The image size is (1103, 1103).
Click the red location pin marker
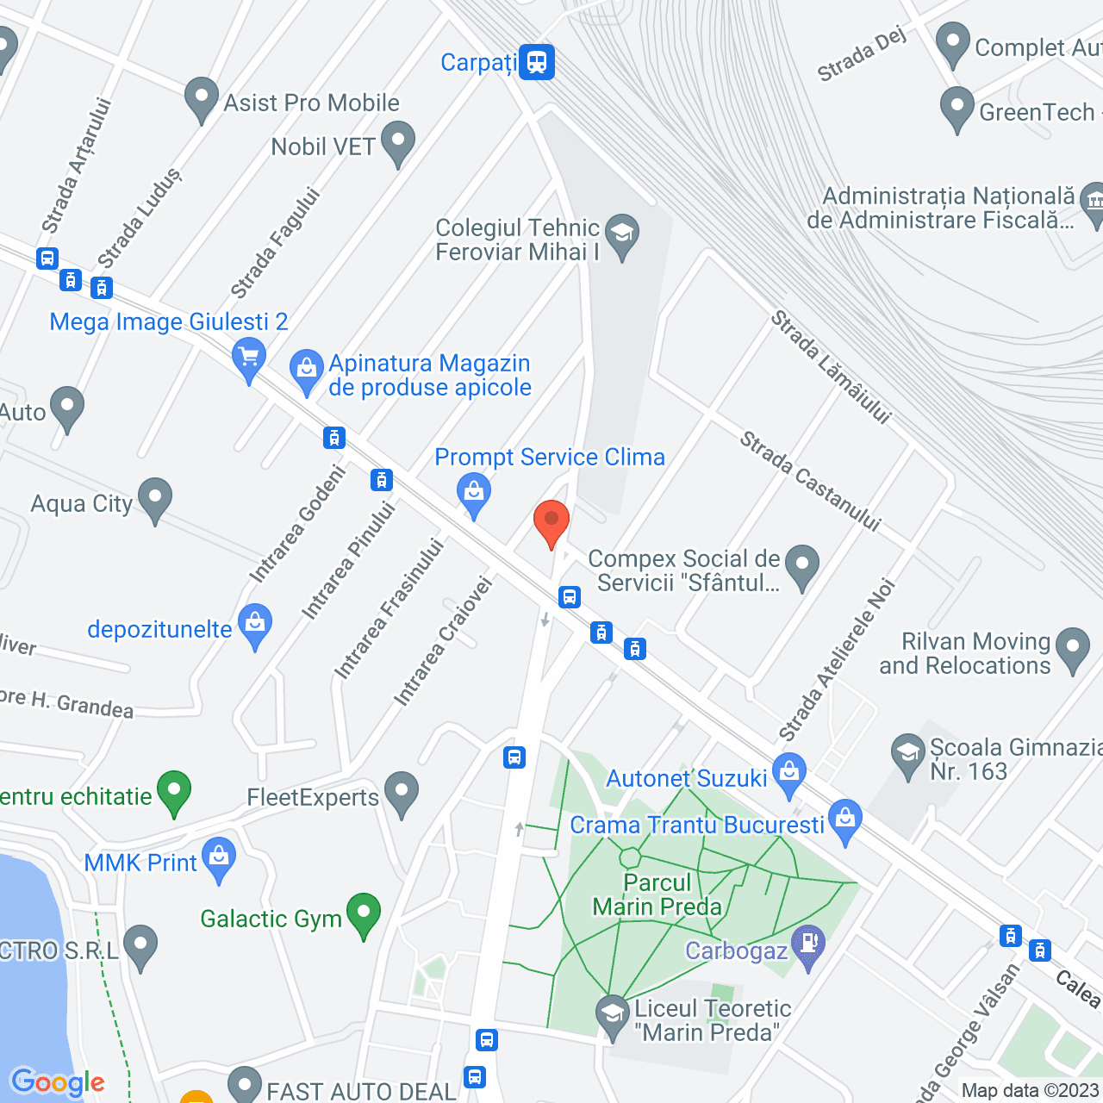pyautogui.click(x=551, y=521)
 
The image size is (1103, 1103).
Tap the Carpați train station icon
pyautogui.click(x=537, y=62)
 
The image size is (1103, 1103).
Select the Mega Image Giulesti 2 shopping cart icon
pyautogui.click(x=249, y=357)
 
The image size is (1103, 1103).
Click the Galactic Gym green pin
pyautogui.click(x=364, y=913)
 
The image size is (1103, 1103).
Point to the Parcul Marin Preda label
pyautogui.click(x=657, y=894)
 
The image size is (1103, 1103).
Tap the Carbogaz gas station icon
pyautogui.click(x=808, y=944)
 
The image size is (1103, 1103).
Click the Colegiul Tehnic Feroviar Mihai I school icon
pyautogui.click(x=621, y=235)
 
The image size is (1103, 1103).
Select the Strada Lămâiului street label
pyautogui.click(x=830, y=368)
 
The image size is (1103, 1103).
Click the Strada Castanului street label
pyautogui.click(x=810, y=481)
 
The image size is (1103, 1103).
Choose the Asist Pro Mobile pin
pyautogui.click(x=202, y=98)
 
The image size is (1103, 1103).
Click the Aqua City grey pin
pyautogui.click(x=155, y=499)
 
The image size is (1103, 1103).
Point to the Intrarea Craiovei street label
pyautogui.click(x=443, y=642)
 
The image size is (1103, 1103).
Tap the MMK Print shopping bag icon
pyautogui.click(x=219, y=858)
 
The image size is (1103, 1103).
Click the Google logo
pyautogui.click(x=57, y=1082)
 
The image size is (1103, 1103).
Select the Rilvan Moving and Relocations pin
pyautogui.click(x=1073, y=648)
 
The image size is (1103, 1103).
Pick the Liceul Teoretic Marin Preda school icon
pyautogui.click(x=613, y=1014)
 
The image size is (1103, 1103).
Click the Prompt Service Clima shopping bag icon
pyautogui.click(x=473, y=494)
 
